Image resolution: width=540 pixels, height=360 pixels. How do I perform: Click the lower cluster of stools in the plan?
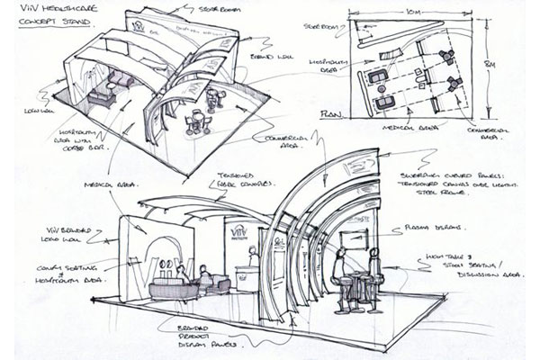pos(451,86)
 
